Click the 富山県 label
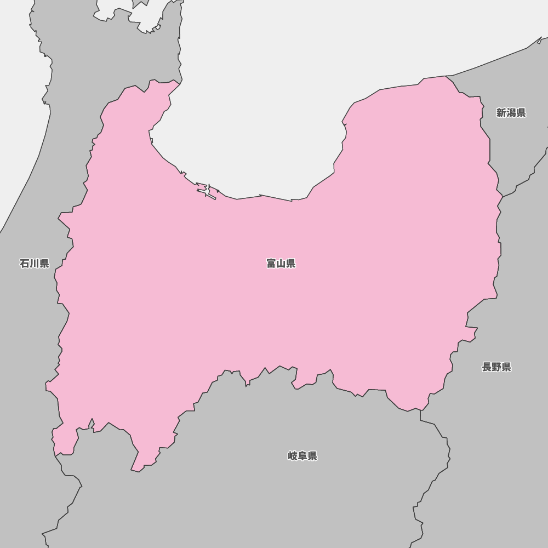pyautogui.click(x=281, y=264)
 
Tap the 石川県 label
pyautogui.click(x=35, y=264)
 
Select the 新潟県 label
pyautogui.click(x=511, y=113)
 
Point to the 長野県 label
pyautogui.click(x=496, y=367)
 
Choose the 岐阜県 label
pyautogui.click(x=302, y=456)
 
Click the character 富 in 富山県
pyautogui.click(x=271, y=264)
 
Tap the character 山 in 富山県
pyautogui.click(x=281, y=264)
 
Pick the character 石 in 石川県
pyautogui.click(x=25, y=264)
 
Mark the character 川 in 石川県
pyautogui.click(x=35, y=264)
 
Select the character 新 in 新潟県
pyautogui.click(x=501, y=113)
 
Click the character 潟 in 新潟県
pyautogui.click(x=511, y=113)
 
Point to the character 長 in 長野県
pyautogui.click(x=487, y=367)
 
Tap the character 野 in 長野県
pyautogui.click(x=496, y=367)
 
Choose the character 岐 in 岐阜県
pyautogui.click(x=293, y=456)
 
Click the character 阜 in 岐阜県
pyautogui.click(x=302, y=456)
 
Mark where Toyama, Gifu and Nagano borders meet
pyautogui.click(x=420, y=409)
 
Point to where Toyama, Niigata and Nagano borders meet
pyautogui.click(x=502, y=196)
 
